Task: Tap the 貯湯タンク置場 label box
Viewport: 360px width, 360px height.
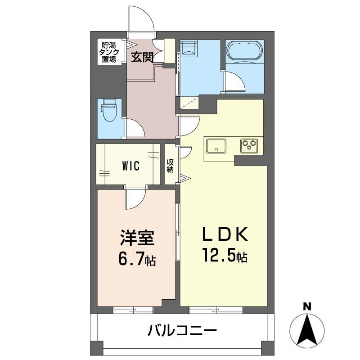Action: tap(108, 52)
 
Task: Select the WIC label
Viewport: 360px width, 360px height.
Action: tap(131, 166)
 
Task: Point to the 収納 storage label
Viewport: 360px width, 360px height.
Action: tap(170, 166)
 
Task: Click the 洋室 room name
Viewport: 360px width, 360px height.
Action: tap(137, 238)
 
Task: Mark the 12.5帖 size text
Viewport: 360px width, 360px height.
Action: tap(224, 256)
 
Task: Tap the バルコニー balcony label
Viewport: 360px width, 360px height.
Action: tap(182, 332)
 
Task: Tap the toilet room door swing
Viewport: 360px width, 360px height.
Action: tap(135, 128)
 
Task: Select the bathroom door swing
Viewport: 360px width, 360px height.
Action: tap(234, 82)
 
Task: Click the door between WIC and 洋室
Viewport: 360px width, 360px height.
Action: tap(136, 198)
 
